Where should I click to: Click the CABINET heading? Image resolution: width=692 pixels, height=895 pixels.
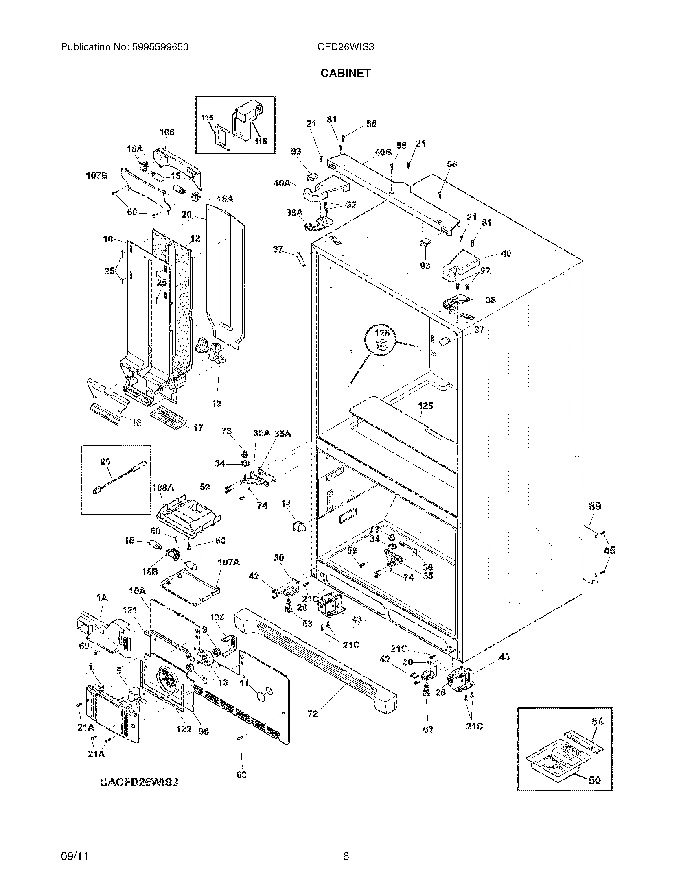click(345, 73)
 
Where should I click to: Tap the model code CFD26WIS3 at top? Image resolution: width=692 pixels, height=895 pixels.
click(345, 47)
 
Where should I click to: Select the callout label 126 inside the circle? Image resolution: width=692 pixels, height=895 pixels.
click(382, 333)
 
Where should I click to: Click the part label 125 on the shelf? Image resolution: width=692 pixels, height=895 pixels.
click(425, 406)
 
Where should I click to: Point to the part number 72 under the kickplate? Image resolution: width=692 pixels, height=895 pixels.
click(312, 714)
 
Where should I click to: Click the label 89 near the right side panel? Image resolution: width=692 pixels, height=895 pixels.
click(595, 507)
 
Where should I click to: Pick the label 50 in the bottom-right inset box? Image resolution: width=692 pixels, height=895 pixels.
click(594, 780)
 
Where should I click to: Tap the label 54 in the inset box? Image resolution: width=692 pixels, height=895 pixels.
click(597, 733)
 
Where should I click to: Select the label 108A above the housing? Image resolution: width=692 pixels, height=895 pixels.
click(163, 488)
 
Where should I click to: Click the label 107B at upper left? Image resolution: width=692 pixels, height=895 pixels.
click(97, 176)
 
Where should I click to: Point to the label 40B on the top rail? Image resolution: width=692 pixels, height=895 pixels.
click(383, 153)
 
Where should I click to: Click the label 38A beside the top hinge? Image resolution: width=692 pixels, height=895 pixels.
click(294, 212)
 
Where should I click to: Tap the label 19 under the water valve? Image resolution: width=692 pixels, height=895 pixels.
click(217, 404)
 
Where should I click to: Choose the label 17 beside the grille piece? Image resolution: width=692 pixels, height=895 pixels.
click(197, 428)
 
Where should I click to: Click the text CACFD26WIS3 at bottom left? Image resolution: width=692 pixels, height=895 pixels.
click(139, 782)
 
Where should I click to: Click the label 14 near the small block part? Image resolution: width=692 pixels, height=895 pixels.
click(286, 503)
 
